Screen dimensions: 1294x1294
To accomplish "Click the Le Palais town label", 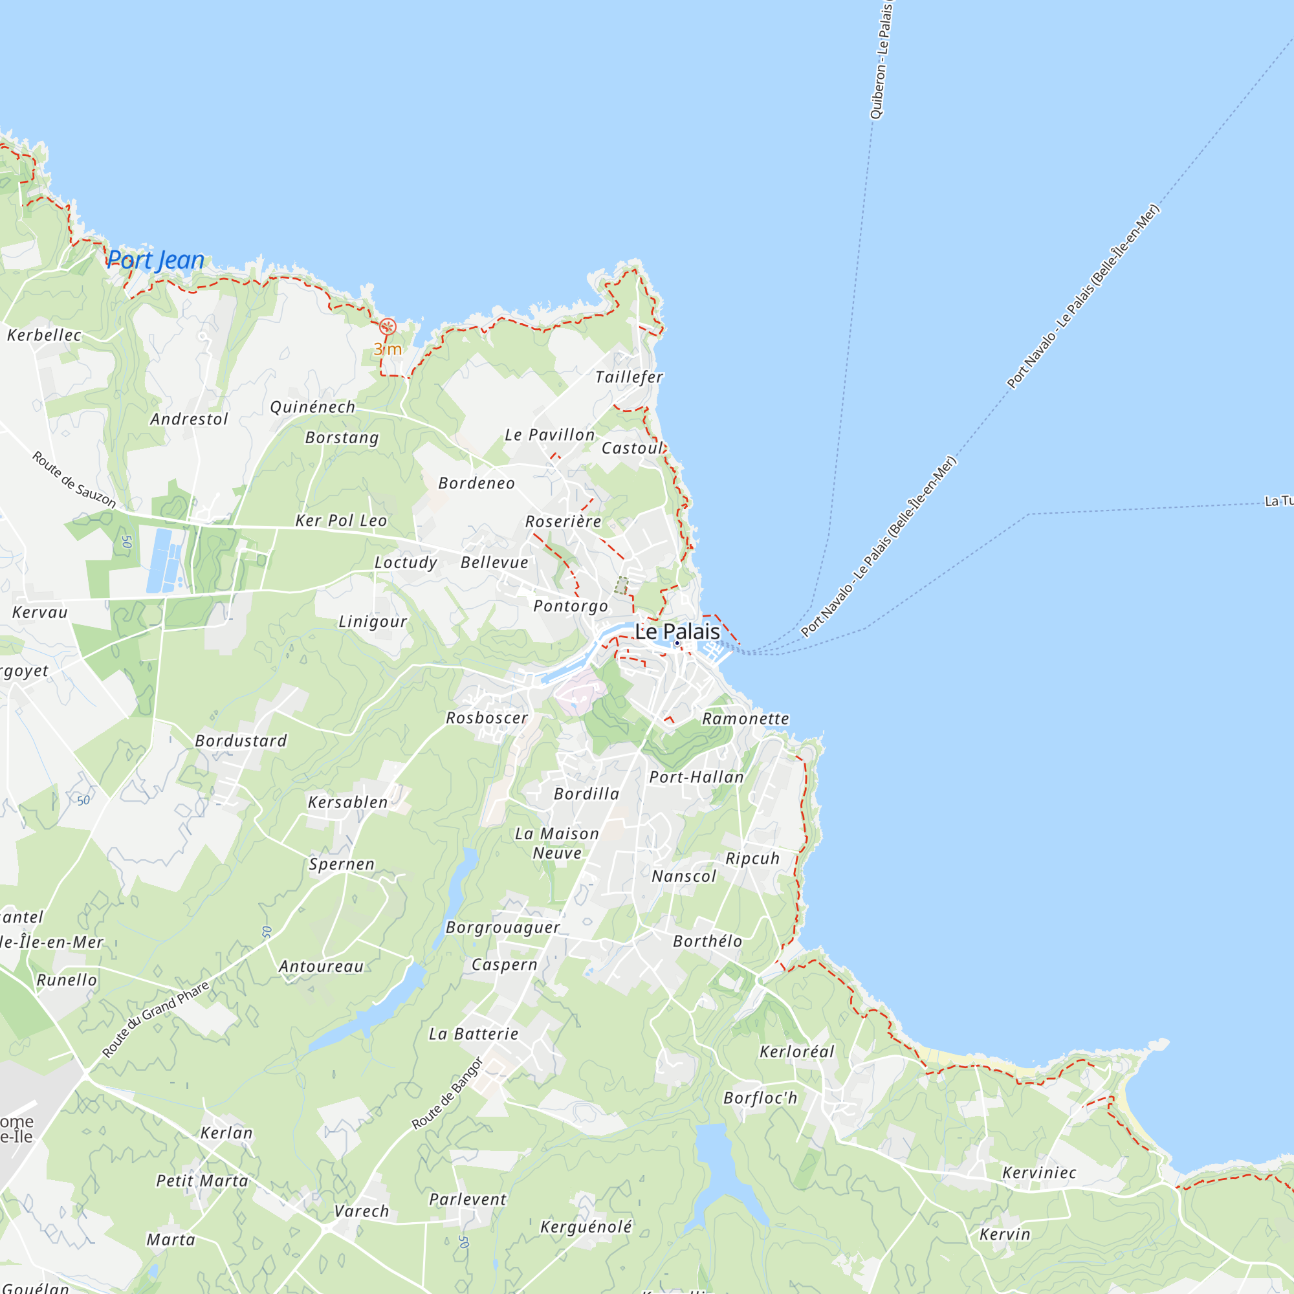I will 677,631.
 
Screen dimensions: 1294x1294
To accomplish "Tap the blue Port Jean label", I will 155,260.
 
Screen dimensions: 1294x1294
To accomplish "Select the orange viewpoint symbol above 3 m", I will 387,327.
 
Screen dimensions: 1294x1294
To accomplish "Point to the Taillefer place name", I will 629,378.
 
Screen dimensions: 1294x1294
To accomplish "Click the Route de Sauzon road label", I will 74,479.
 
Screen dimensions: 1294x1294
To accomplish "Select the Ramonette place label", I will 745,719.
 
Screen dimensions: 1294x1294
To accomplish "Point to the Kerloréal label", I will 797,1051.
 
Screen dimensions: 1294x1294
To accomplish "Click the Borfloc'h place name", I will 761,1099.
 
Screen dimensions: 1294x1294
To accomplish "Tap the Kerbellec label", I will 44,335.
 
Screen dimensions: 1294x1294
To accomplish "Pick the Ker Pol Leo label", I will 342,521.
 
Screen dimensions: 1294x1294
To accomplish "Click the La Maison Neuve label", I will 556,843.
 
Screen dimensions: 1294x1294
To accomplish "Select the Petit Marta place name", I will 203,1181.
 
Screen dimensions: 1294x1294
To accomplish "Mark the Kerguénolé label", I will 586,1227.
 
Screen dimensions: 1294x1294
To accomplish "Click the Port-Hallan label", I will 697,777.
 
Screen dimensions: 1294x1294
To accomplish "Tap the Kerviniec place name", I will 1039,1173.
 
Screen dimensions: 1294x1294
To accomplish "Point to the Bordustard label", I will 241,741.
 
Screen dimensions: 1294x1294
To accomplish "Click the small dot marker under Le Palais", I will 677,644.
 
